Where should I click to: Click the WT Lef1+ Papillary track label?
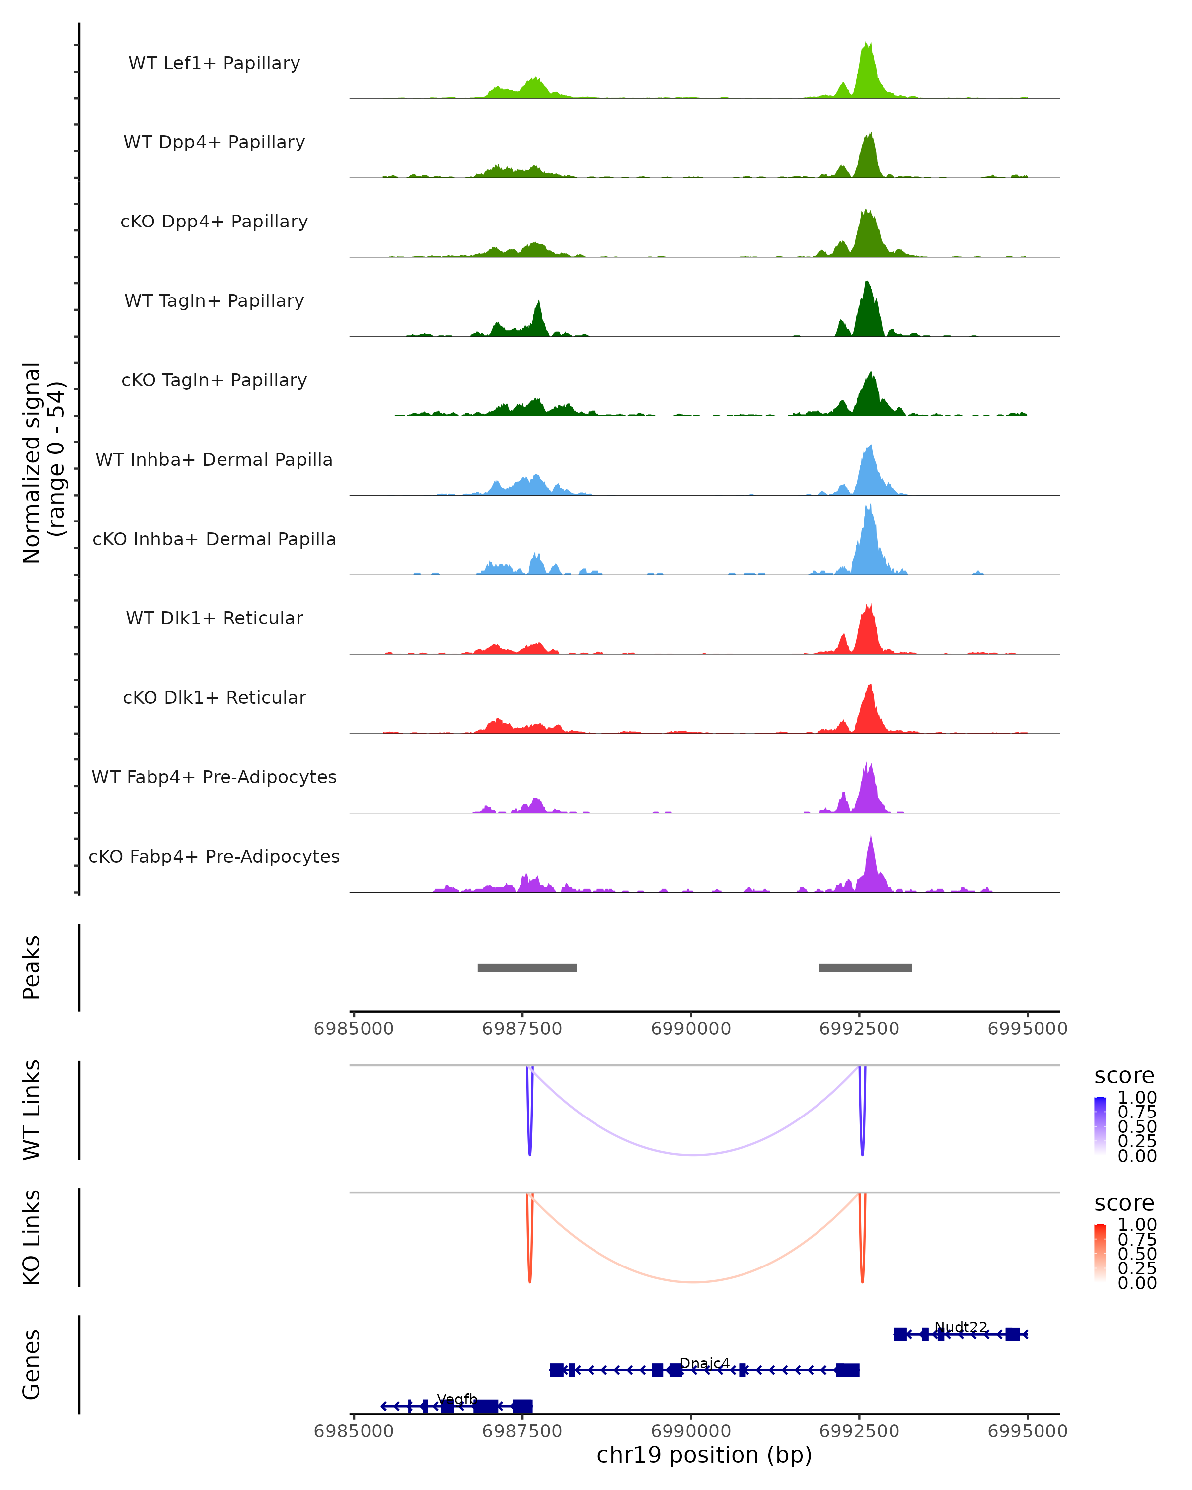214,63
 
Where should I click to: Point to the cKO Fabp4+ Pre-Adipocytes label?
214,856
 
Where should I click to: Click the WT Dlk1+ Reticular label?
214,618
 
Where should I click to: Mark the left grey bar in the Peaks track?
527,968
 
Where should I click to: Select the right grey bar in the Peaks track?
865,968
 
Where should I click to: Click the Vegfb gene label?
457,1399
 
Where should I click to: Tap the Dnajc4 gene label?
705,1363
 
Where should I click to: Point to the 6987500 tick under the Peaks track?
522,1029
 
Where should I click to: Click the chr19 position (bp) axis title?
704,1455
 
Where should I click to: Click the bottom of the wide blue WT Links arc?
694,1155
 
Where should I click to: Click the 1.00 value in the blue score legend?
1137,1098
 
